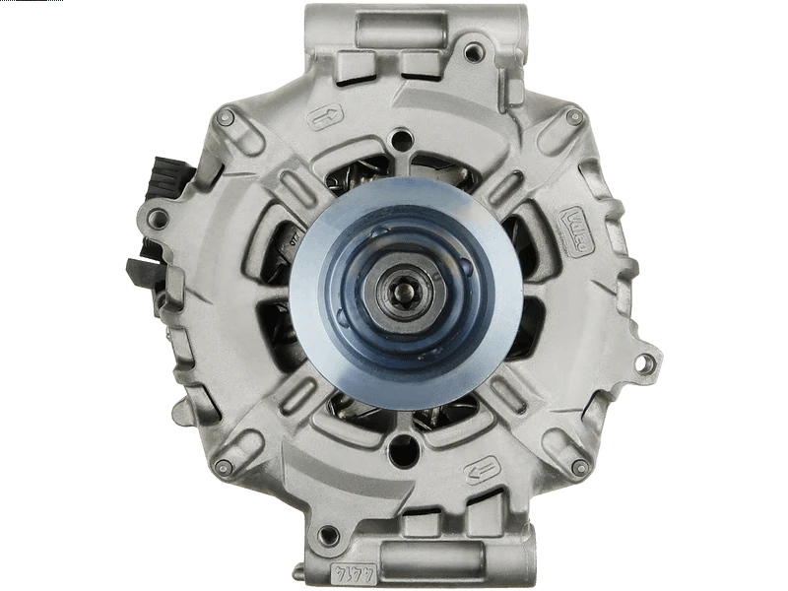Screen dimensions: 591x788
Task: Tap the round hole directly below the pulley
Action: pyautogui.click(x=403, y=450)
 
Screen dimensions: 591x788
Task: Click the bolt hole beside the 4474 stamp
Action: pyautogui.click(x=329, y=536)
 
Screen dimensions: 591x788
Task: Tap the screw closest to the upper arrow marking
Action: pyautogui.click(x=226, y=118)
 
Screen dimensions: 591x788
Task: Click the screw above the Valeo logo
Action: pyautogui.click(x=574, y=117)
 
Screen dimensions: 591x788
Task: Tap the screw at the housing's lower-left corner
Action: pyautogui.click(x=225, y=465)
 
